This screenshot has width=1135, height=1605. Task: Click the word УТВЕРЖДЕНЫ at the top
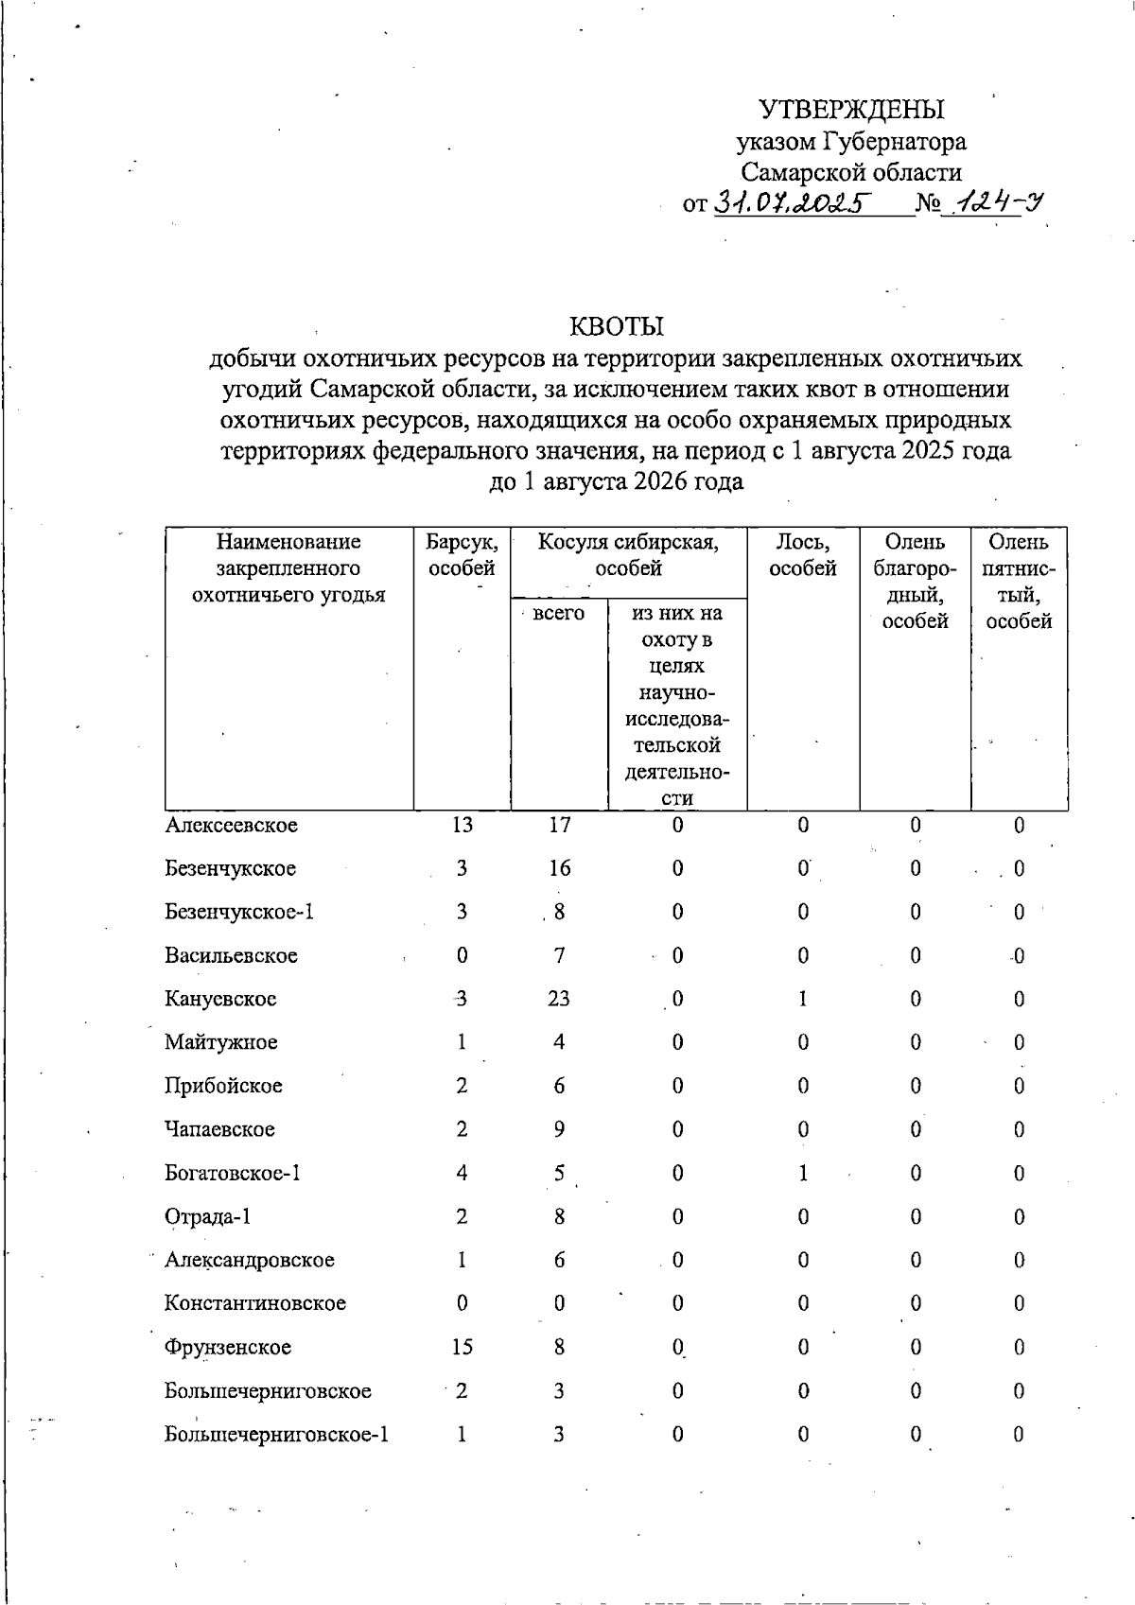[853, 110]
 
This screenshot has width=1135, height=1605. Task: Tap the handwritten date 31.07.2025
[792, 202]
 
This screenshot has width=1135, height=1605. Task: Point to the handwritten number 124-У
[996, 201]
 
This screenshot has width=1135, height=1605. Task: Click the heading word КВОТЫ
[616, 327]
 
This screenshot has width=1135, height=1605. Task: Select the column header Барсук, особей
[462, 555]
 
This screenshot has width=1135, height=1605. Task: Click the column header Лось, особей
[802, 555]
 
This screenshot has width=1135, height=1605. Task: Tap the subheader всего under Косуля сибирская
[558, 613]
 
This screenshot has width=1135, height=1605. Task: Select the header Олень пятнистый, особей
[1019, 581]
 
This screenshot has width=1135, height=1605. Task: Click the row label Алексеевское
[231, 825]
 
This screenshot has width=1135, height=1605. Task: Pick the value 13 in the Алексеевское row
[462, 825]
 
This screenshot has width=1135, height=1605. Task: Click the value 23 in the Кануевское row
[559, 999]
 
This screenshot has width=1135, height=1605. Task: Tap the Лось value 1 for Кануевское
[802, 999]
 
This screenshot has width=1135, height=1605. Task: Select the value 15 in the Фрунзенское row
[462, 1347]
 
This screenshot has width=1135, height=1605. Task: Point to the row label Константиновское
[255, 1303]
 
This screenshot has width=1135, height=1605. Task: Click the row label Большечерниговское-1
[276, 1434]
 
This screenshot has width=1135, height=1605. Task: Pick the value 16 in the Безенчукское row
[559, 868]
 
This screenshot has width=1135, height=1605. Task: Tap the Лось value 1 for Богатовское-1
[802, 1173]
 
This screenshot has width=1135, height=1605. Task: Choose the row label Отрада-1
[208, 1216]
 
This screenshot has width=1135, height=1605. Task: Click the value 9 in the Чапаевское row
[559, 1129]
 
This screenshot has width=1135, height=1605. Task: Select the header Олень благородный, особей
[915, 581]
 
